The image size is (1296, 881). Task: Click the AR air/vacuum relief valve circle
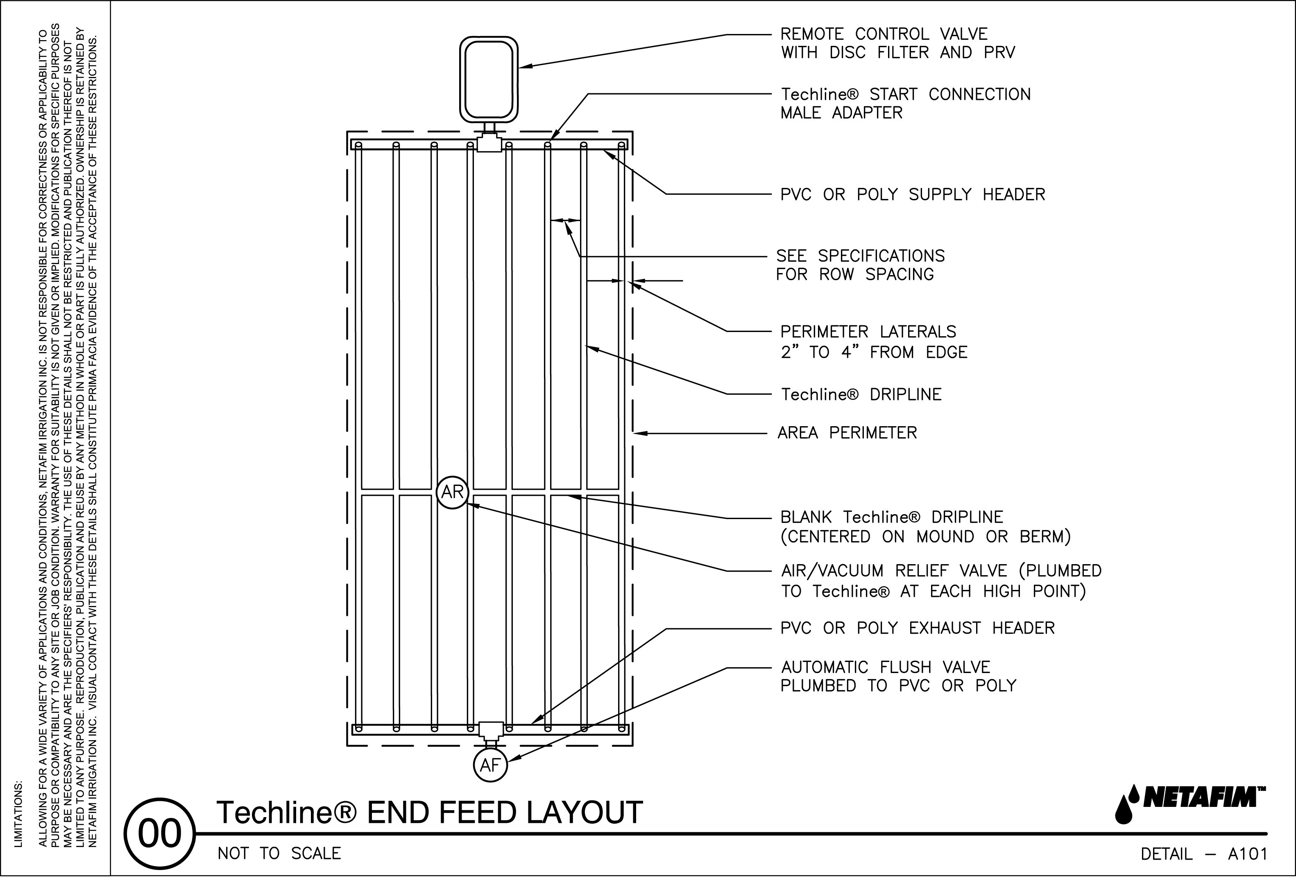[452, 492]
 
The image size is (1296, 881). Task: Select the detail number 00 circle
[159, 834]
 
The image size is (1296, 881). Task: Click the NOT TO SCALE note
[279, 854]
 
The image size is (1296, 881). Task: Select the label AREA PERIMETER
[847, 433]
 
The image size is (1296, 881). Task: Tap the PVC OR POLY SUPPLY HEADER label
[912, 194]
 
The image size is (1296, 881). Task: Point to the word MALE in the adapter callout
[801, 113]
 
